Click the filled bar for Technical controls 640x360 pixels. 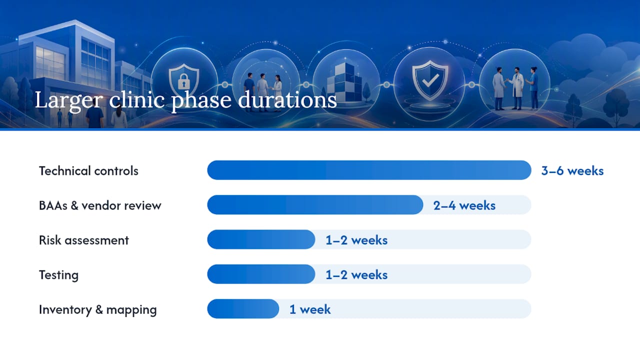(x=369, y=170)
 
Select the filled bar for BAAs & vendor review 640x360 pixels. (x=315, y=205)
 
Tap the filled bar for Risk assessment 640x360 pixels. (x=261, y=239)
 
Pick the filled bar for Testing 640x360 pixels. (x=261, y=274)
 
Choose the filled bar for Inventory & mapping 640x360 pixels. (x=243, y=309)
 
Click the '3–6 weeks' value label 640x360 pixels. (x=572, y=171)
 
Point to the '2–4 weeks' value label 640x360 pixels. (x=464, y=205)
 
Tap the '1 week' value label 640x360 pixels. (x=310, y=309)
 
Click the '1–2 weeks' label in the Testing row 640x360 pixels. (x=356, y=275)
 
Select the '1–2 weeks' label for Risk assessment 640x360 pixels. (x=356, y=240)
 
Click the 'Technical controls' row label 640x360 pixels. (x=88, y=171)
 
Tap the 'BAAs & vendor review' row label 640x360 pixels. (x=100, y=205)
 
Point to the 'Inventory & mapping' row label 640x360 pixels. (x=97, y=309)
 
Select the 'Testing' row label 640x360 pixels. (x=58, y=275)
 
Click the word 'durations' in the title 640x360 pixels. (x=287, y=100)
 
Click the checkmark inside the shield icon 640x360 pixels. (x=430, y=80)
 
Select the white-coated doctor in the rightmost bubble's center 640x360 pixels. (x=517, y=88)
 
